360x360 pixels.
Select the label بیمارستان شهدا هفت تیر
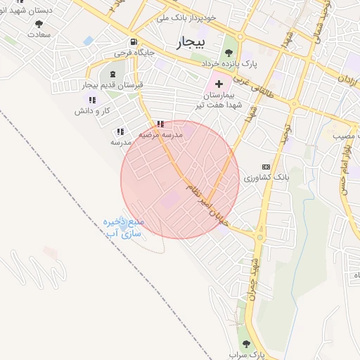223,100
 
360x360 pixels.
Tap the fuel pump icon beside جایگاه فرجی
133,41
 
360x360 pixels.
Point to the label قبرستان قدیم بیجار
112,84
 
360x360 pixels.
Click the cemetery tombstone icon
113,73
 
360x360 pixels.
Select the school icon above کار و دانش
92,100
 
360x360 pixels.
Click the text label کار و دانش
94,110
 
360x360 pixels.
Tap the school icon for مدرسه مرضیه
161,124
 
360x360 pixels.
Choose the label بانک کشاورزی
262,178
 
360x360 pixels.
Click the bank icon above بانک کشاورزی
265,166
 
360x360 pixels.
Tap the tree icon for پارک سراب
245,344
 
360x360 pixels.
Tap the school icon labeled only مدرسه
120,131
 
